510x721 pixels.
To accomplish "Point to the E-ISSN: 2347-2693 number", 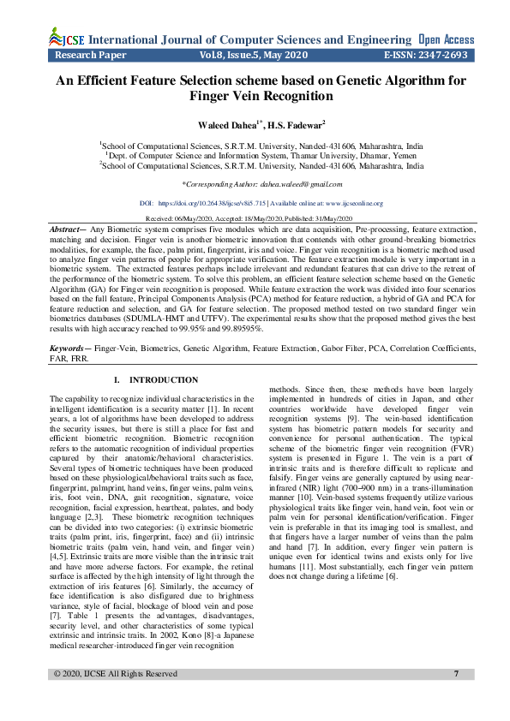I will [x=425, y=54].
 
